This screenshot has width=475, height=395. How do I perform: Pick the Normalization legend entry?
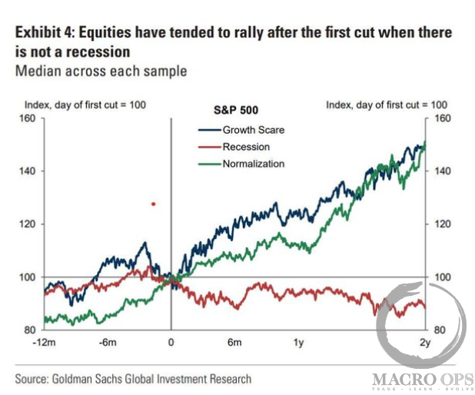click(253, 164)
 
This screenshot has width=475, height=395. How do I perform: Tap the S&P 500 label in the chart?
click(234, 111)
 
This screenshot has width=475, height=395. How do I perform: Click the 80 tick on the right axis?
click(433, 330)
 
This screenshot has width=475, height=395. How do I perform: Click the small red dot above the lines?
click(153, 204)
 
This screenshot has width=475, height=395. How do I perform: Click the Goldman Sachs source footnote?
click(132, 379)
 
